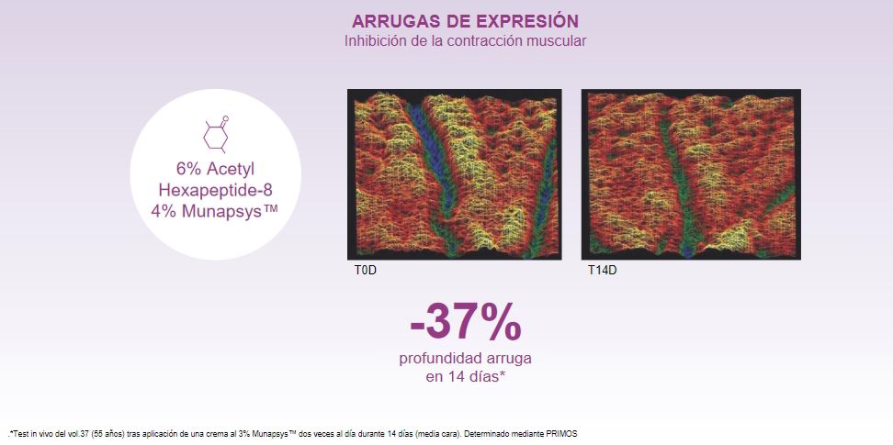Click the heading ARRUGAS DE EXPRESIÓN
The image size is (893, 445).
pos(465,21)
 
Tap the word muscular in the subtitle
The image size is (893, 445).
pos(560,41)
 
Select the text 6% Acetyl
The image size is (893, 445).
pos(215,169)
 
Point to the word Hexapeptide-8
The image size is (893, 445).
pos(215,190)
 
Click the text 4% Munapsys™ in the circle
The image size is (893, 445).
pos(215,210)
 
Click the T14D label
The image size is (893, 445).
pos(602,271)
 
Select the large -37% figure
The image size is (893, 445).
pos(465,323)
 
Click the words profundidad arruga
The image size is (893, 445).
pos(465,359)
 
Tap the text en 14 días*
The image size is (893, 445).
pos(465,377)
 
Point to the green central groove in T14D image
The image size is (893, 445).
pos(679,188)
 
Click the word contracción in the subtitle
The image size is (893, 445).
pos(496,41)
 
